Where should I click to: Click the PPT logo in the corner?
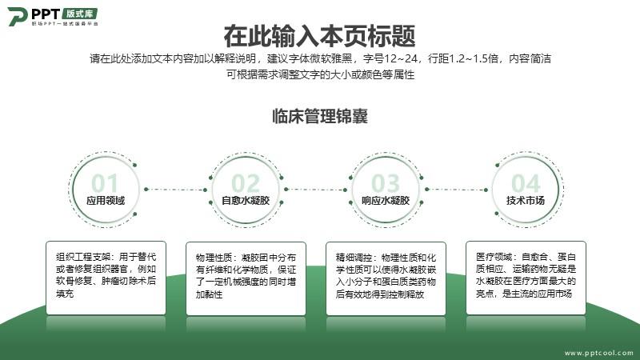[53, 16]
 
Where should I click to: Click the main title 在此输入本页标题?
[319, 36]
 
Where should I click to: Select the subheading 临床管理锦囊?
[320, 116]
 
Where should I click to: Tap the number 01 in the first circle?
[105, 183]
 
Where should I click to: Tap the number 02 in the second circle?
[246, 183]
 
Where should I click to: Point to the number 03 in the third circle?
[386, 183]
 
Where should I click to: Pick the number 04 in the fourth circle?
[526, 183]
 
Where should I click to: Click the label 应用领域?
[106, 201]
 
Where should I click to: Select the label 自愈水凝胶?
[246, 201]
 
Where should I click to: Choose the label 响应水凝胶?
[386, 201]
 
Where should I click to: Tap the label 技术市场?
[526, 201]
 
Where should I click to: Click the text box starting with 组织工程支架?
[106, 278]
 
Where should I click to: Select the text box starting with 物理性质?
[246, 278]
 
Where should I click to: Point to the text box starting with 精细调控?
[386, 278]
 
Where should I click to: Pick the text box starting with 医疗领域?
[526, 278]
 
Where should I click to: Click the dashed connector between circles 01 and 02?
[175, 190]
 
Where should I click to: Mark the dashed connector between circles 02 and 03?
[315, 190]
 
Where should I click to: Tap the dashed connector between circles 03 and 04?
[456, 190]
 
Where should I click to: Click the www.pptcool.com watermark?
[598, 353]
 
